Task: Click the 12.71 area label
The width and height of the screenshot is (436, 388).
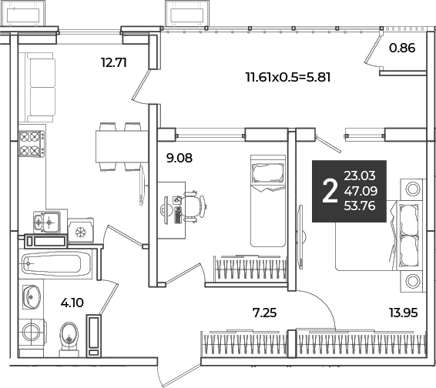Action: [x=114, y=62]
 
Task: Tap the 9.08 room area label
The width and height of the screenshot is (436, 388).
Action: [x=179, y=158]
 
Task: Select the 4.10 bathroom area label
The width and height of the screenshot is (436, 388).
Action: [x=72, y=303]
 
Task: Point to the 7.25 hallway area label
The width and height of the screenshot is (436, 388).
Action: [x=264, y=313]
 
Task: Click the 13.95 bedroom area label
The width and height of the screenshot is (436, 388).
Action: [x=404, y=313]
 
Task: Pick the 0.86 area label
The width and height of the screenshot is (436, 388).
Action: [x=402, y=48]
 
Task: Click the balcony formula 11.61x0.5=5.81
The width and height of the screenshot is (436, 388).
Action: [x=288, y=77]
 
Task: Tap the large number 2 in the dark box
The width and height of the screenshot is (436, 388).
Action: [x=330, y=191]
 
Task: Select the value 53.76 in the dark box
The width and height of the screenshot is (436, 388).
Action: [x=360, y=206]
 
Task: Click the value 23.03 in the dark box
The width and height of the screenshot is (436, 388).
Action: [x=360, y=176]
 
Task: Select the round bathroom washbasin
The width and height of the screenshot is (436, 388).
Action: [x=31, y=297]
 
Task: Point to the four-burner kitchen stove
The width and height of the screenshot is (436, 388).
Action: [x=32, y=144]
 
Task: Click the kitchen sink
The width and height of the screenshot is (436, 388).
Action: [x=46, y=222]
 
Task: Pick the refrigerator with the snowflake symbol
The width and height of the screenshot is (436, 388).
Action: [x=81, y=231]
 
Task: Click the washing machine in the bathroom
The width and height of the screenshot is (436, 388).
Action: [x=32, y=331]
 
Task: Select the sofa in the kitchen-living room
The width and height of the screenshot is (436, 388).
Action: [x=41, y=87]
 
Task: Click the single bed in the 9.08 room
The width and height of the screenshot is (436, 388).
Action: [x=268, y=201]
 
